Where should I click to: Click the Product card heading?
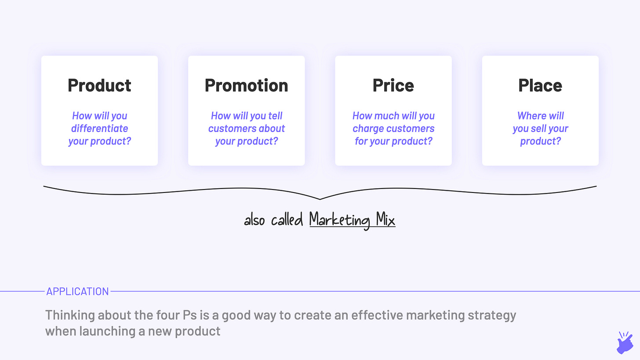pos(99,85)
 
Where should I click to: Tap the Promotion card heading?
pos(246,85)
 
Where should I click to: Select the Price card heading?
pos(393,85)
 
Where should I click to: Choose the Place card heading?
pos(540,85)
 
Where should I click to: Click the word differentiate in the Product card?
pos(99,128)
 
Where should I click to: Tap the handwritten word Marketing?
pos(340,220)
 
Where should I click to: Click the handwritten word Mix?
pos(385,219)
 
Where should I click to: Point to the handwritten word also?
pos(254,220)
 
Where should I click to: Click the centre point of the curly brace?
pos(320,199)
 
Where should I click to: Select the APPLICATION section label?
pos(77,291)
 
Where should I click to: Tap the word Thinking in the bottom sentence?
pos(70,315)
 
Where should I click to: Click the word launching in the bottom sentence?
pos(107,331)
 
